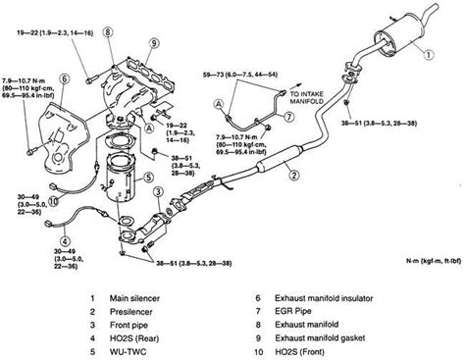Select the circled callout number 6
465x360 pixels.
[x=65, y=77]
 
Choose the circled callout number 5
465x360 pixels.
[x=148, y=178]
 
